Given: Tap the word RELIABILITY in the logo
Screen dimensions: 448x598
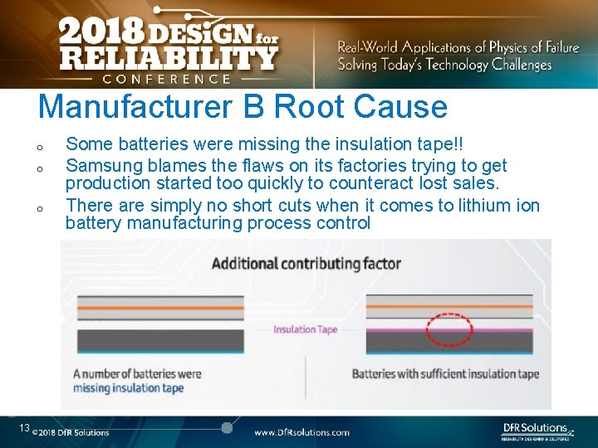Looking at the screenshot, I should click(x=169, y=58).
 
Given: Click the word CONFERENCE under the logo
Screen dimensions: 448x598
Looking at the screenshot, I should click(x=166, y=80).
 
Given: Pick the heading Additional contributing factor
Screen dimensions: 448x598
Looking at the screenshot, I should click(x=306, y=264).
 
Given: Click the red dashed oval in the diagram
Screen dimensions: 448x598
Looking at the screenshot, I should click(x=448, y=329).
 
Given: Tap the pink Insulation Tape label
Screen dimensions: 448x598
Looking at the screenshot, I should click(x=306, y=329).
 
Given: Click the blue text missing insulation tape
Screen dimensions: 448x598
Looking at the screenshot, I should click(x=129, y=388).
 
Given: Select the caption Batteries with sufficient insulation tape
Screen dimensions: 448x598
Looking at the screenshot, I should click(x=445, y=374).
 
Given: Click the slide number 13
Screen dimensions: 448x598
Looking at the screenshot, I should click(x=25, y=428).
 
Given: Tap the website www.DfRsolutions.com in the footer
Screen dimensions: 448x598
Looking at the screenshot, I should click(x=301, y=432).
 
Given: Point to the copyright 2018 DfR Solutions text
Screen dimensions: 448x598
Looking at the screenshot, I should click(x=71, y=432).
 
